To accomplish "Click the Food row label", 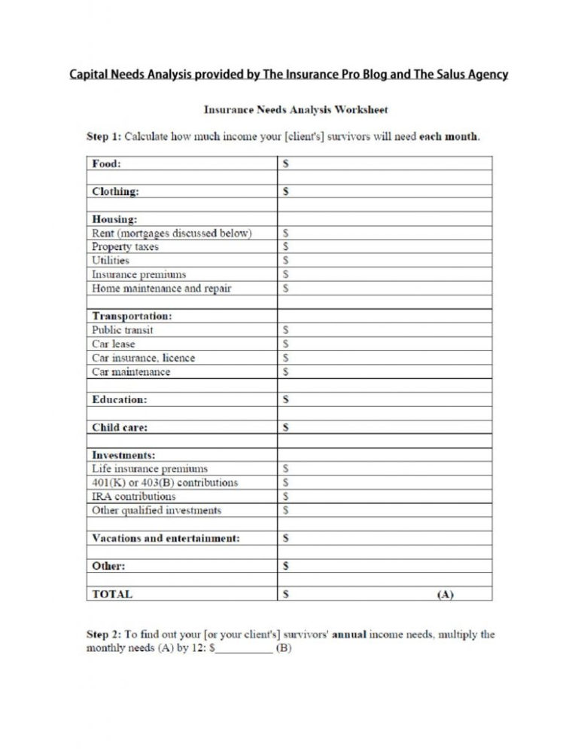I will [106, 163].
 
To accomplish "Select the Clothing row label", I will [115, 191].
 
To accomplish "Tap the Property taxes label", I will [125, 247].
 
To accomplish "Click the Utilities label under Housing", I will [111, 261].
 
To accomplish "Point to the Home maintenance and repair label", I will [162, 289].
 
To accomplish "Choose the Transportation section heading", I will [132, 316].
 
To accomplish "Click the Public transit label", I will [123, 330].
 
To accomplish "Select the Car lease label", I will [114, 344].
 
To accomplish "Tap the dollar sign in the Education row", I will [285, 399].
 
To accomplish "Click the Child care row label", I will [120, 427].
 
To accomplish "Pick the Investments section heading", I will [123, 455].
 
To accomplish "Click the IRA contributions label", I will [133, 497].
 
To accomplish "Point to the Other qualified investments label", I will [157, 511].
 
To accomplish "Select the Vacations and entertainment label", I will [166, 538].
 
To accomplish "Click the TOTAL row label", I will [112, 594].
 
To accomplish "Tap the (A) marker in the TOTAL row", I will [445, 595].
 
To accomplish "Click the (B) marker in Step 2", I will [284, 649].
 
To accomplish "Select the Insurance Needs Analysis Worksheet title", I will [296, 110].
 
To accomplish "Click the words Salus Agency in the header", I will [470, 75].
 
